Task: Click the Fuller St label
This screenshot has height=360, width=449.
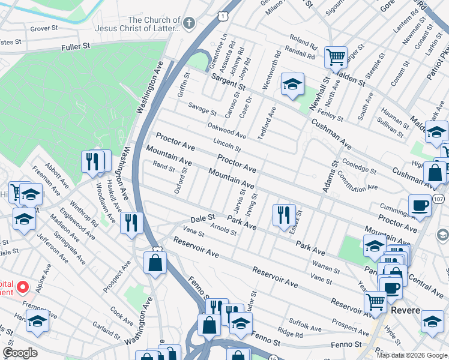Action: [x=76, y=46]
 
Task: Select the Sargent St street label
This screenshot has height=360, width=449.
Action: [x=228, y=82]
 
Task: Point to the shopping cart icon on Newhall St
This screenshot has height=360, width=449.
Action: [x=336, y=58]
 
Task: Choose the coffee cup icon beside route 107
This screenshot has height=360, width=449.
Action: [x=420, y=205]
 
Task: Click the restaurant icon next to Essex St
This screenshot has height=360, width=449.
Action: [x=284, y=215]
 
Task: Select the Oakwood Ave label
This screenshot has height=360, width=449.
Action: [x=226, y=130]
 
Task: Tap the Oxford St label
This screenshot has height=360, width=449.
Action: [x=177, y=180]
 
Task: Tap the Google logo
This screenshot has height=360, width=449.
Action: [x=20, y=353]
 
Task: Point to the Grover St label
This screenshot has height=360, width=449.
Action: [x=44, y=28]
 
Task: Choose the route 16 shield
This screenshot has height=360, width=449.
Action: [x=273, y=358]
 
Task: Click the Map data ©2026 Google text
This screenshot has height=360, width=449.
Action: [x=411, y=355]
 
